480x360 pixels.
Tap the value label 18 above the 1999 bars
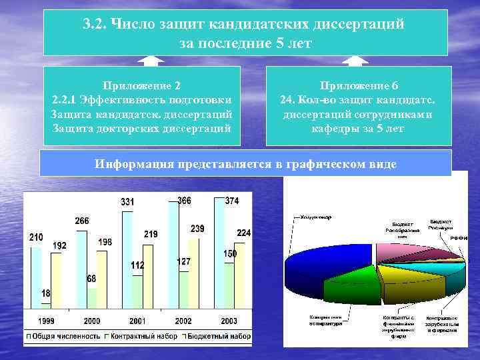(x=45, y=293)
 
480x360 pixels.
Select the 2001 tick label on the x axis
(x=138, y=321)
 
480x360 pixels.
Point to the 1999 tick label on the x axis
(x=46, y=321)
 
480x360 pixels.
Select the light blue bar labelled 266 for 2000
(x=81, y=267)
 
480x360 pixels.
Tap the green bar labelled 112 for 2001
(x=137, y=291)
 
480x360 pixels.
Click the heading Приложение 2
(x=141, y=86)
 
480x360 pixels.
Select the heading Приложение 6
(x=359, y=86)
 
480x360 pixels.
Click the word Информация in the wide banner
(x=133, y=164)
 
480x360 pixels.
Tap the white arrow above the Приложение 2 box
(x=151, y=61)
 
